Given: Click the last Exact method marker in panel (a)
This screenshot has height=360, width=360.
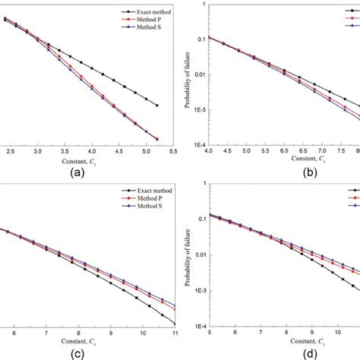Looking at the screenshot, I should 156,106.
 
